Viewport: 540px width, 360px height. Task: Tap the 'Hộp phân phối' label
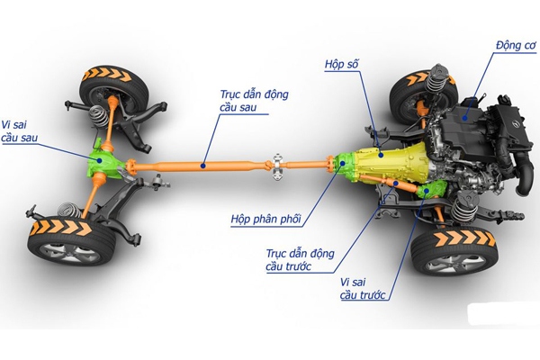click(x=265, y=219)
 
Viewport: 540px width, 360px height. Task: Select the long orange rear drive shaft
click(x=207, y=166)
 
